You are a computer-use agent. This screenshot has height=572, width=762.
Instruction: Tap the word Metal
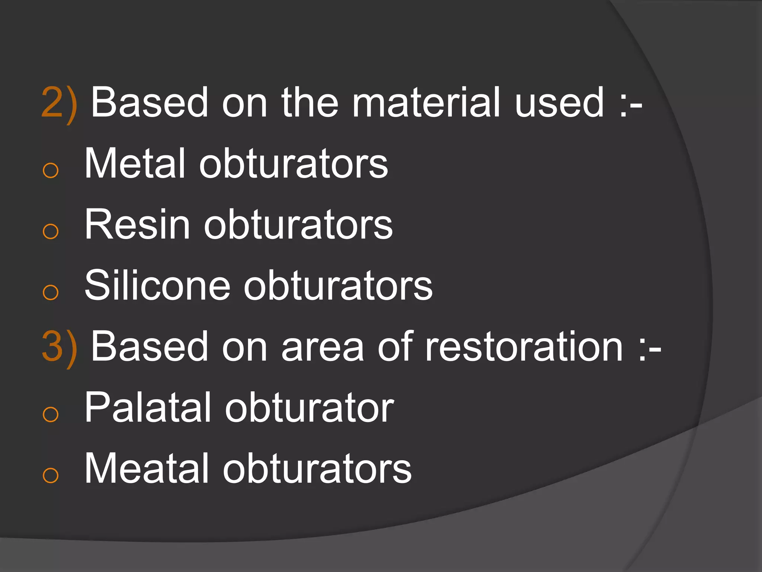pyautogui.click(x=135, y=164)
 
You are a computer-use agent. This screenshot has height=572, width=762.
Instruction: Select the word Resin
pyautogui.click(x=137, y=225)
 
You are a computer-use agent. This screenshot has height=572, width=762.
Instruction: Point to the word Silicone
pyautogui.click(x=157, y=286)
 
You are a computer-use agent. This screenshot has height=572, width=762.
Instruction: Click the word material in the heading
pyautogui.click(x=426, y=102)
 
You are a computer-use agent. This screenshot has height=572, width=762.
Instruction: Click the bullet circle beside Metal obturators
pyautogui.click(x=51, y=171)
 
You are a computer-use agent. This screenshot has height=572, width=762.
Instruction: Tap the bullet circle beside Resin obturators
pyautogui.click(x=51, y=232)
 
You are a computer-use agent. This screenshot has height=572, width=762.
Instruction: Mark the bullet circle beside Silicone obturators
pyautogui.click(x=51, y=292)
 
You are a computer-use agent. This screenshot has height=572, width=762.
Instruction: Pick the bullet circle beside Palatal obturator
pyautogui.click(x=51, y=414)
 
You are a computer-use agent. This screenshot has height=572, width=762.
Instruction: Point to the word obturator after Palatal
pyautogui.click(x=309, y=408)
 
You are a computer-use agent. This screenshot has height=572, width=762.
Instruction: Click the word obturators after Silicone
pyautogui.click(x=338, y=286)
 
